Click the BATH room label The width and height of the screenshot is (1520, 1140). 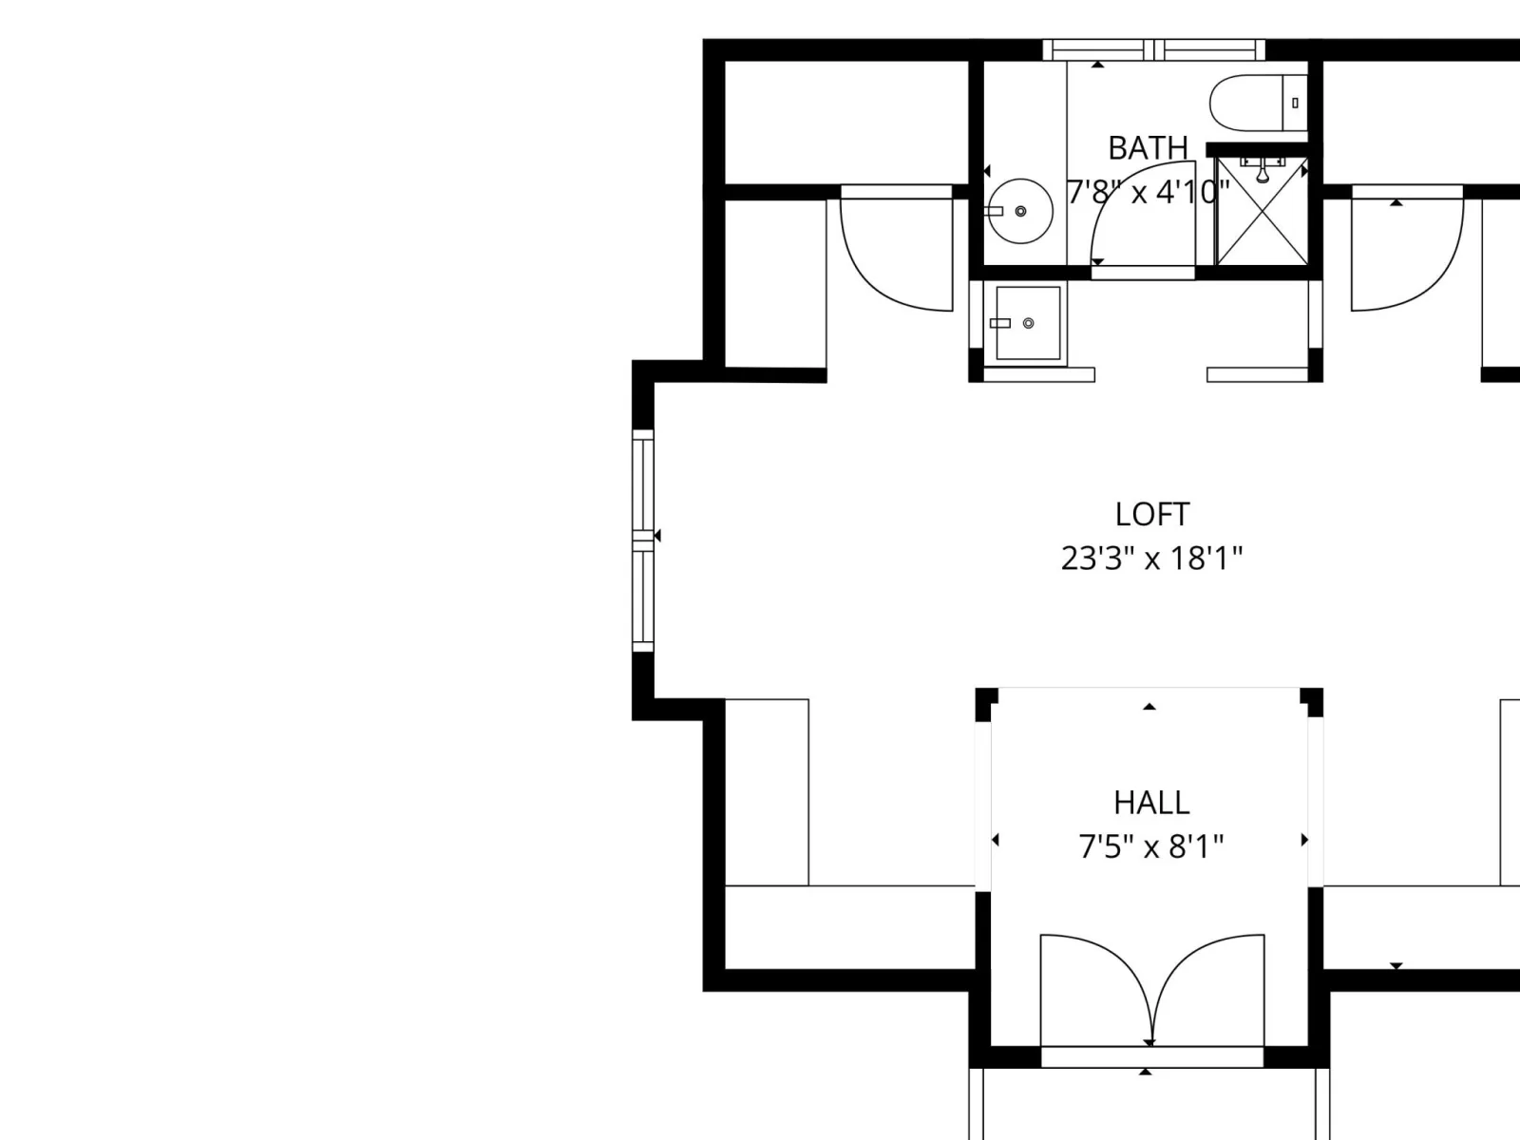click(x=1148, y=148)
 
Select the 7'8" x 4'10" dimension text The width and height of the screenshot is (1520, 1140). click(x=1148, y=192)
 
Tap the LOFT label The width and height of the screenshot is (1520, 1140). click(x=1151, y=514)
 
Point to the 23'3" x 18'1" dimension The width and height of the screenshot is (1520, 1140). click(x=1151, y=558)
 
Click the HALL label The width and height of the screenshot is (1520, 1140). click(x=1150, y=803)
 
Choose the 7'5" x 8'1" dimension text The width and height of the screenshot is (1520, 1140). click(x=1150, y=846)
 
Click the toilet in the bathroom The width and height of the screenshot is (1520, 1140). click(x=1258, y=104)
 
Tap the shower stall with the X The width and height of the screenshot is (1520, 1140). click(x=1262, y=211)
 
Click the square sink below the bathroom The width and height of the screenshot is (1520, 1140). click(x=1028, y=323)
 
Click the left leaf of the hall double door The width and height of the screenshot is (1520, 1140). click(x=1094, y=989)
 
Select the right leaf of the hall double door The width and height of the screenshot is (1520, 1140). click(x=1208, y=989)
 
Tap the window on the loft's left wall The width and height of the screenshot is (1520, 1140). click(x=642, y=541)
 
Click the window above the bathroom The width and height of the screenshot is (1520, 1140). click(x=1153, y=49)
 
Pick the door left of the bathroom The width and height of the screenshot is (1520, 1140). click(x=896, y=248)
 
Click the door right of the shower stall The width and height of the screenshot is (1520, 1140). click(x=1407, y=248)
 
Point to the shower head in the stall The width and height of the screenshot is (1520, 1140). click(x=1263, y=170)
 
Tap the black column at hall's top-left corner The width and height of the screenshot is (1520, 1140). click(x=986, y=704)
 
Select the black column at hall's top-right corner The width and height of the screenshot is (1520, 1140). click(x=1312, y=702)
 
